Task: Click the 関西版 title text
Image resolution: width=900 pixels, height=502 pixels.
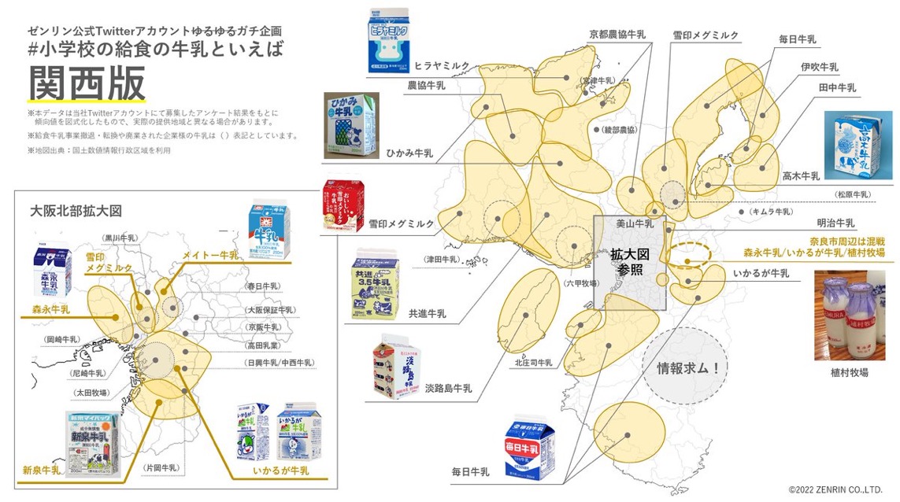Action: pyautogui.click(x=87, y=82)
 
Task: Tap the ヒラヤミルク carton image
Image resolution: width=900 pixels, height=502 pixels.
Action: pyautogui.click(x=388, y=42)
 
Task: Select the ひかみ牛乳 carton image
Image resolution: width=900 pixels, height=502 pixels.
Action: pyautogui.click(x=350, y=125)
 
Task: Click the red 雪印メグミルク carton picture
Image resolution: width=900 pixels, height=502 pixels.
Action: pyautogui.click(x=344, y=206)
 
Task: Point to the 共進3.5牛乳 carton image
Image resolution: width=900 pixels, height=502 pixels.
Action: pyautogui.click(x=374, y=284)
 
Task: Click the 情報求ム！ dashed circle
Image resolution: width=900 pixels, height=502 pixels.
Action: pyautogui.click(x=682, y=367)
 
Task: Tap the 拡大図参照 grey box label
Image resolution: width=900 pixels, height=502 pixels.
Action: pyautogui.click(x=629, y=261)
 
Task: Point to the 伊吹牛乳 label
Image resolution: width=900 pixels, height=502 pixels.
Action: pyautogui.click(x=819, y=67)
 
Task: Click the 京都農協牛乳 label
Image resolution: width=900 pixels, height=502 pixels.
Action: pyautogui.click(x=617, y=35)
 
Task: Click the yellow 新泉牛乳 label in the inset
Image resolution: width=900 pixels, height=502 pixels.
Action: pyautogui.click(x=41, y=470)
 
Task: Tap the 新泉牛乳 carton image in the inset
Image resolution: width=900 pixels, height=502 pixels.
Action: pyautogui.click(x=92, y=445)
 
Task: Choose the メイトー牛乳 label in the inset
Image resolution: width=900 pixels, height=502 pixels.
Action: pyautogui.click(x=210, y=256)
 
